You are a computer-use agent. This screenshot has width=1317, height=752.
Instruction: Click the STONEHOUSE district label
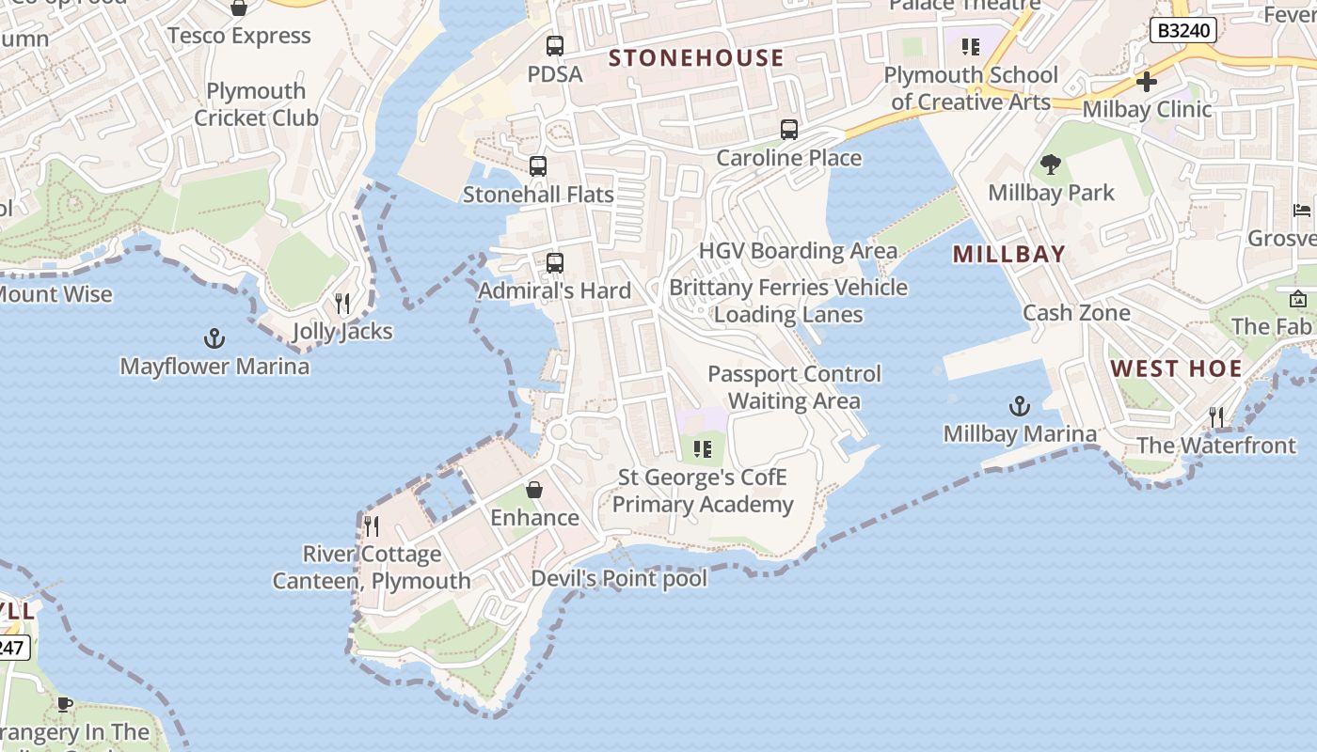(696, 58)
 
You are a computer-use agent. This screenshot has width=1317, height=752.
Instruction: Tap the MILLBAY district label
(1009, 254)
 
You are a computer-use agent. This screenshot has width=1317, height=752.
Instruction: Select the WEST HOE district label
(1177, 368)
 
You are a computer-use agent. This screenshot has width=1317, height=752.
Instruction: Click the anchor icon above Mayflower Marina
(214, 338)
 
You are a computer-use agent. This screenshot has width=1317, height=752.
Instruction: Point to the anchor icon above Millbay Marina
(1020, 407)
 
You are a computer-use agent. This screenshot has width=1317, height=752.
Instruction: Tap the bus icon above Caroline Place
(788, 130)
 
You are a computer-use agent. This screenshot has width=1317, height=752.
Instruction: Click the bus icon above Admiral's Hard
(555, 263)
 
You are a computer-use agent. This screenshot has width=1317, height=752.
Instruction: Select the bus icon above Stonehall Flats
(538, 166)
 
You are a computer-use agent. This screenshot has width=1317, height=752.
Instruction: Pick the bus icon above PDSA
(555, 45)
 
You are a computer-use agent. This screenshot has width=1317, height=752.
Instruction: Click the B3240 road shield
(1183, 30)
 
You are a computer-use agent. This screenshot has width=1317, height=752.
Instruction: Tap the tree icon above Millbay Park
(1051, 165)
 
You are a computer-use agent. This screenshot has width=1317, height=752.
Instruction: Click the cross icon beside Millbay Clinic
(1146, 82)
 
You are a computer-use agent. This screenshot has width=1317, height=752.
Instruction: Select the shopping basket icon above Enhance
(534, 490)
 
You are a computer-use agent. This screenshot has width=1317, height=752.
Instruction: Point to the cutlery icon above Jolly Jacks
(342, 304)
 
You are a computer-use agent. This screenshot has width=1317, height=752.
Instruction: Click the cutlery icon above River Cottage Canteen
(372, 525)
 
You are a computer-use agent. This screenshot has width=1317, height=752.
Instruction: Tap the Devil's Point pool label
(619, 578)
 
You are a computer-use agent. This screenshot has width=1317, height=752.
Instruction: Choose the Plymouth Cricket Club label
(256, 104)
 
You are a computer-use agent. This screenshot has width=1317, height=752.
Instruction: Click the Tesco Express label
(239, 36)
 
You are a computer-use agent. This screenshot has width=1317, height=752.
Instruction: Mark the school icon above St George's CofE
(702, 449)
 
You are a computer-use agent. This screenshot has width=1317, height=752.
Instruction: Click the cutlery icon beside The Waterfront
(1216, 416)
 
